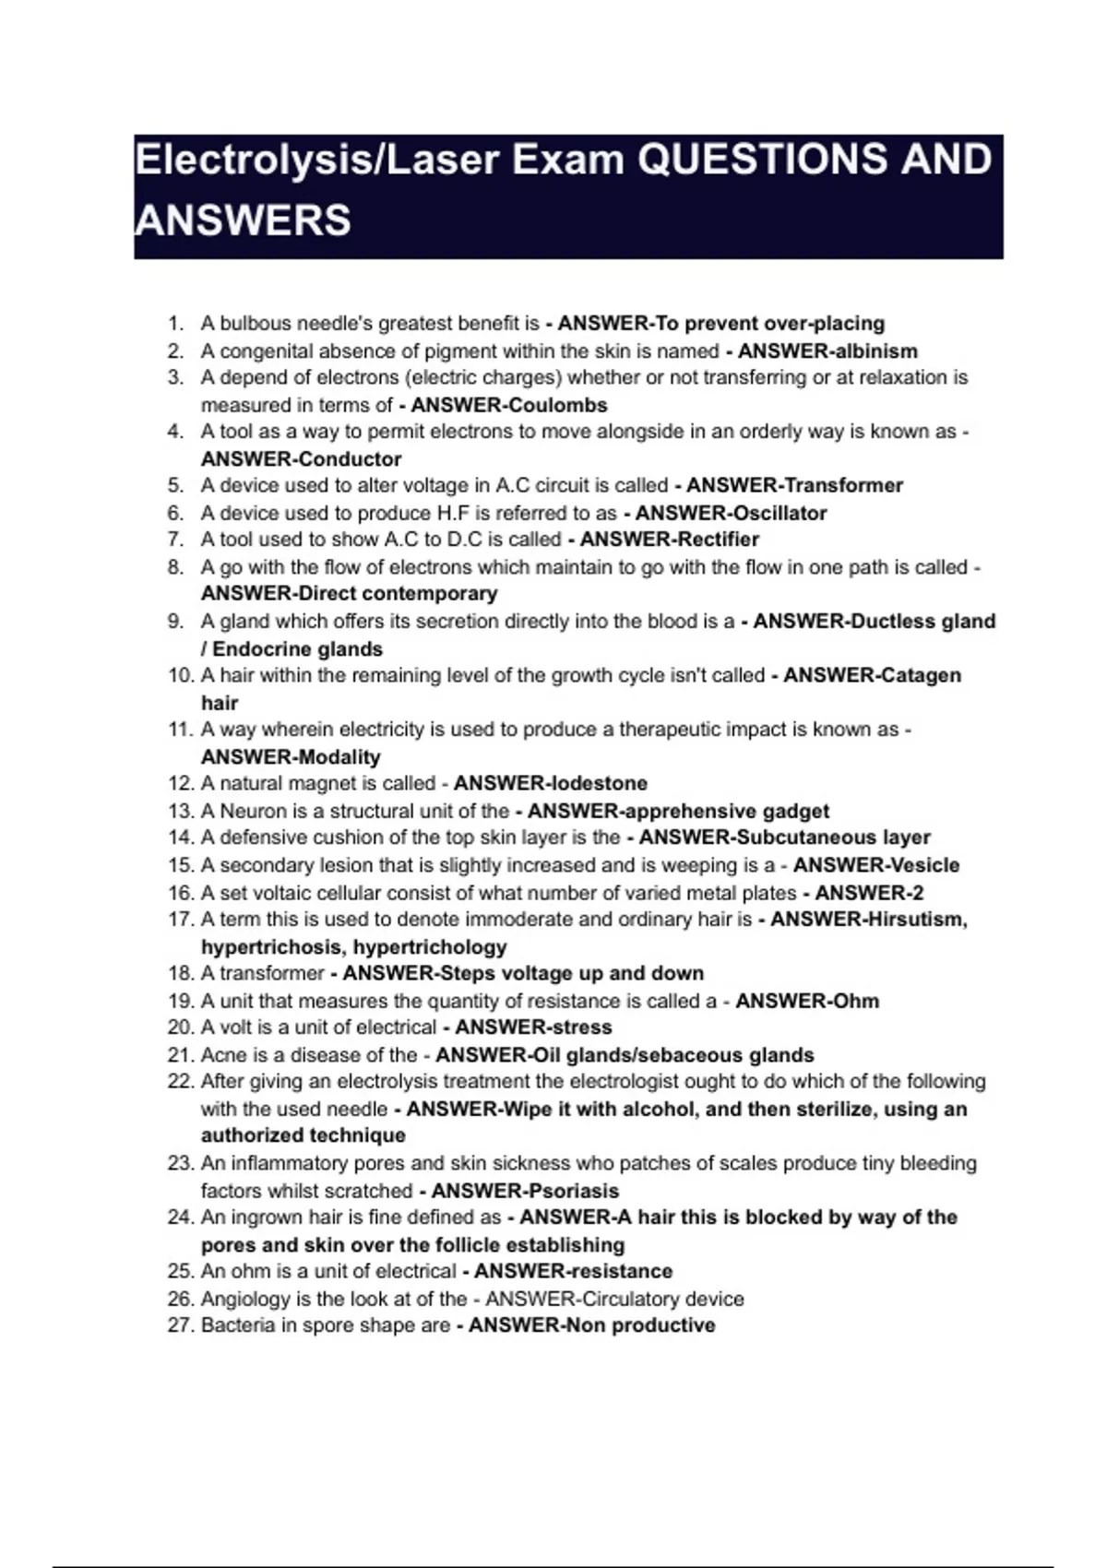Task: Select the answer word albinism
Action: [x=874, y=351]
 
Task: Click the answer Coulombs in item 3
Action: [x=557, y=405]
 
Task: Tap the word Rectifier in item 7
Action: [x=714, y=540]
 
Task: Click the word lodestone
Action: [x=599, y=783]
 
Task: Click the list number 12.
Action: [x=179, y=783]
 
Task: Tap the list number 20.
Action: [x=179, y=1028]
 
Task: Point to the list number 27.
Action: [x=179, y=1325]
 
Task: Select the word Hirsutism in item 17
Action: [x=914, y=920]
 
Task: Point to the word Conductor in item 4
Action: [x=351, y=459]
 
